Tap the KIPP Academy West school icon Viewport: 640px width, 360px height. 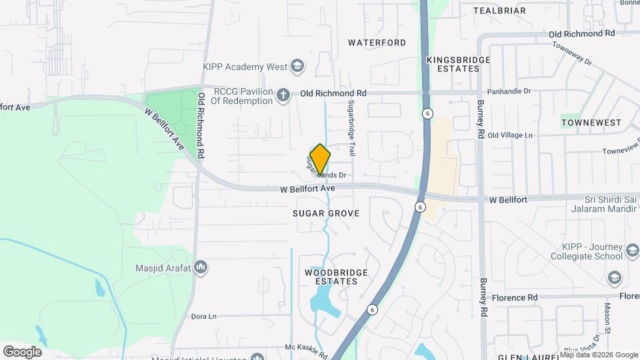click(x=297, y=67)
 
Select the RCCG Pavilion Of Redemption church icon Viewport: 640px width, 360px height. click(x=283, y=95)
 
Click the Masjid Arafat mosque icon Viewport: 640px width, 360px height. click(x=201, y=268)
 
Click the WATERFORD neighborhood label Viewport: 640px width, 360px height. click(x=377, y=43)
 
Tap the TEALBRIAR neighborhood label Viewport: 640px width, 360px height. click(x=499, y=11)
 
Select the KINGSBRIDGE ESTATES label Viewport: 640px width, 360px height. click(x=459, y=64)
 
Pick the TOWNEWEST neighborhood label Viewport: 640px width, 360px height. click(x=591, y=123)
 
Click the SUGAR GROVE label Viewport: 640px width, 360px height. click(x=326, y=213)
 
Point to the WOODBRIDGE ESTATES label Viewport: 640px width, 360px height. click(x=331, y=277)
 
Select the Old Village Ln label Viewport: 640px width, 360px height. click(x=511, y=135)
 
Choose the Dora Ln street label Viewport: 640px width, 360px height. click(x=204, y=317)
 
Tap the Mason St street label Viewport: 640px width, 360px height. click(x=608, y=317)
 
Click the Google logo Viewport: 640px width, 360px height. click(x=22, y=351)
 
